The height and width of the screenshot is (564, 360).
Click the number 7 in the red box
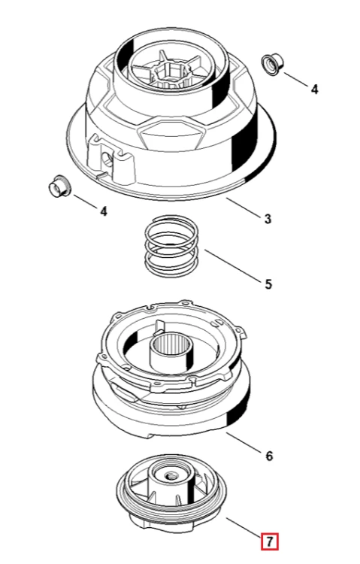(x=270, y=541)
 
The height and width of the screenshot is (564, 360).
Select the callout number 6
(x=269, y=456)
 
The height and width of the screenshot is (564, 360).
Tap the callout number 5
(x=268, y=284)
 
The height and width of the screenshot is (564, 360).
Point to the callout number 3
(x=268, y=219)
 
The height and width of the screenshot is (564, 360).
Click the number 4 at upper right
(x=314, y=89)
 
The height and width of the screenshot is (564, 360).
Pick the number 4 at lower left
(x=104, y=211)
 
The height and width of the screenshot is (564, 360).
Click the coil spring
(x=171, y=247)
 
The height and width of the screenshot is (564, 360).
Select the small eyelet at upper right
(x=272, y=65)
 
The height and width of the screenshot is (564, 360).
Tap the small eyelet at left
(x=59, y=186)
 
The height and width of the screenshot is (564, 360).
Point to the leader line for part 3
(x=243, y=208)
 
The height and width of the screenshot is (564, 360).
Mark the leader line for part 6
(x=244, y=442)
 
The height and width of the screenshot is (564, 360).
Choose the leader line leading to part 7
(x=244, y=527)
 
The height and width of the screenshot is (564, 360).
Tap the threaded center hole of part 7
(x=169, y=476)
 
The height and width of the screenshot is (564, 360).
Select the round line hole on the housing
(x=107, y=158)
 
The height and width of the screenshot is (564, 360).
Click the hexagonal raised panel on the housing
(x=171, y=135)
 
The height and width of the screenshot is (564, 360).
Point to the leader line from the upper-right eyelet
(x=296, y=80)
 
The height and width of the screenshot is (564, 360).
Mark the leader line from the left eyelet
(x=85, y=202)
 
